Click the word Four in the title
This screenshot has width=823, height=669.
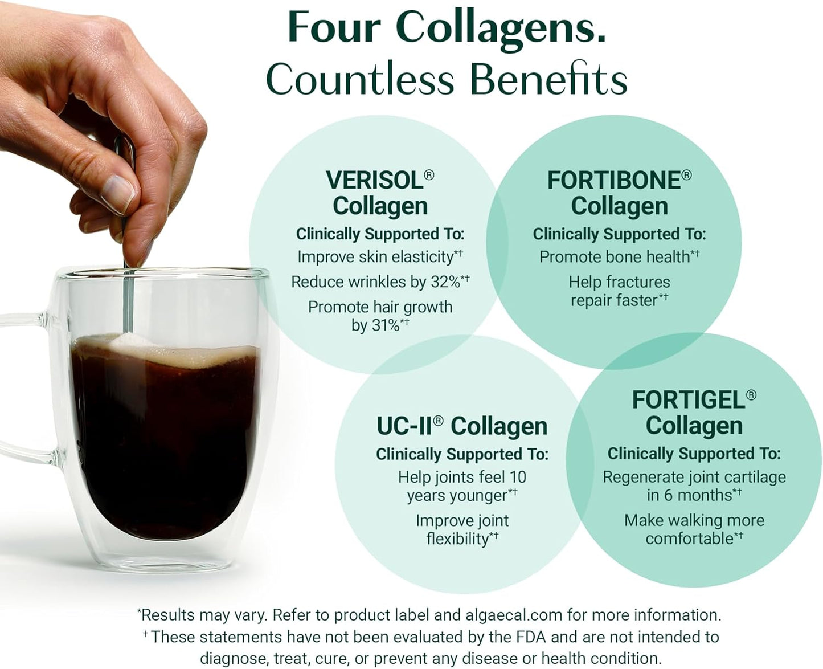[335, 27]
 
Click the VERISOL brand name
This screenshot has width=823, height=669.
[374, 180]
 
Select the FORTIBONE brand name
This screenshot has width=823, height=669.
[613, 180]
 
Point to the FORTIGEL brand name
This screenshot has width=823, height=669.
[688, 400]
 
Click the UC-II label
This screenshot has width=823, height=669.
[403, 426]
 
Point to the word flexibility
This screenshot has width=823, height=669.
[457, 539]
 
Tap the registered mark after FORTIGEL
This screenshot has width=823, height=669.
[751, 394]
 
